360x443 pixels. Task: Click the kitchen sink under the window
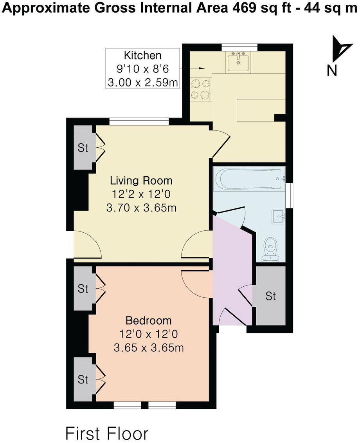tap(237, 61)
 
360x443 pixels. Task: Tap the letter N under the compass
tap(332, 71)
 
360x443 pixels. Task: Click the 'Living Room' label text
tap(141, 181)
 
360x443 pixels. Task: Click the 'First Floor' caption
tap(107, 434)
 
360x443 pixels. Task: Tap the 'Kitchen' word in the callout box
tap(142, 55)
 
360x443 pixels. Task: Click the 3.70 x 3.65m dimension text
tap(141, 208)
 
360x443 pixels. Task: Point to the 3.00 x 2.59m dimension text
tap(142, 83)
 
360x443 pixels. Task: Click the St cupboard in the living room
tap(83, 148)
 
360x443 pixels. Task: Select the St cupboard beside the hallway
tap(271, 296)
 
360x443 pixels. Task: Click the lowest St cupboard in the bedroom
tap(83, 379)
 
